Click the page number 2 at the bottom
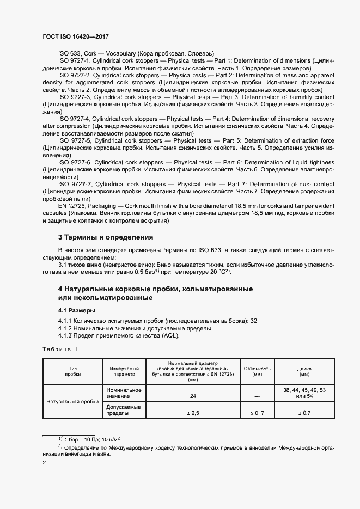pyautogui.click(x=44, y=462)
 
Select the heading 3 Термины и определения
pyautogui.click(x=105, y=237)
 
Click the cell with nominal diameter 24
pyautogui.click(x=193, y=396)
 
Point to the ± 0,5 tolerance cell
pyautogui.click(x=193, y=413)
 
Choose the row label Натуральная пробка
pyautogui.click(x=72, y=401)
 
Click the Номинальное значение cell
pyautogui.click(x=124, y=393)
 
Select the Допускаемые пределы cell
pyautogui.click(x=124, y=410)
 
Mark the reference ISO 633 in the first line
pyautogui.click(x=69, y=53)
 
